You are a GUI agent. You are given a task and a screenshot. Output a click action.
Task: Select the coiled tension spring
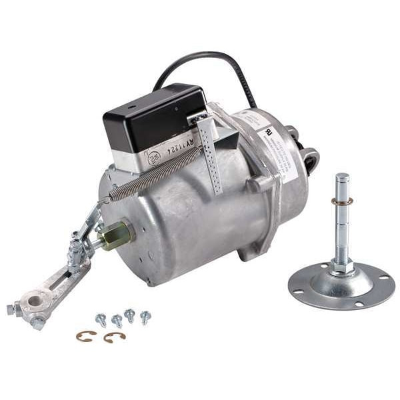coord(153,175)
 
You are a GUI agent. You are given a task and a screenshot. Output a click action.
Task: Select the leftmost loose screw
coord(101,319)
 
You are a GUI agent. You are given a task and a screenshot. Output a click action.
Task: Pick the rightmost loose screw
coord(145,317)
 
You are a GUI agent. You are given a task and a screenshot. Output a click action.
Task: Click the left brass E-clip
coord(85,336)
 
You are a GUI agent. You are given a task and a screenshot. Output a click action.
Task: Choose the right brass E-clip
coord(114,337)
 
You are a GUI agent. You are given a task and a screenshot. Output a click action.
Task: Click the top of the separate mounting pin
coord(342,179)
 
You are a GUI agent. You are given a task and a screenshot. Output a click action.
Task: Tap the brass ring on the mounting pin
coord(342,201)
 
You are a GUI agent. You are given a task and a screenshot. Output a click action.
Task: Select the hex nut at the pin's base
coord(341,265)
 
